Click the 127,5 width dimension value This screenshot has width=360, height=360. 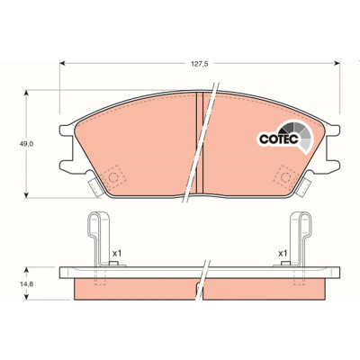pos(200,63)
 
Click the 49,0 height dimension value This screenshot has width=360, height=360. pos(26,144)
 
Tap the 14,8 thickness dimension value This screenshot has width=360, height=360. pos(26,283)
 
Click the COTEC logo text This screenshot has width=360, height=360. pos(278,139)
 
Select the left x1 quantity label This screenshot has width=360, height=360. pos(117,254)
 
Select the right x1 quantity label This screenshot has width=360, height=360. pos(283,254)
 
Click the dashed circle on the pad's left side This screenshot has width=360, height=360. pos(113,177)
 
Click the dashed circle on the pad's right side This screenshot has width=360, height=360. pos(285,177)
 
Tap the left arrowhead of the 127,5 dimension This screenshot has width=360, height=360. pos(62,63)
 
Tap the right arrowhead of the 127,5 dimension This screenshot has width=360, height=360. pos(337,63)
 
